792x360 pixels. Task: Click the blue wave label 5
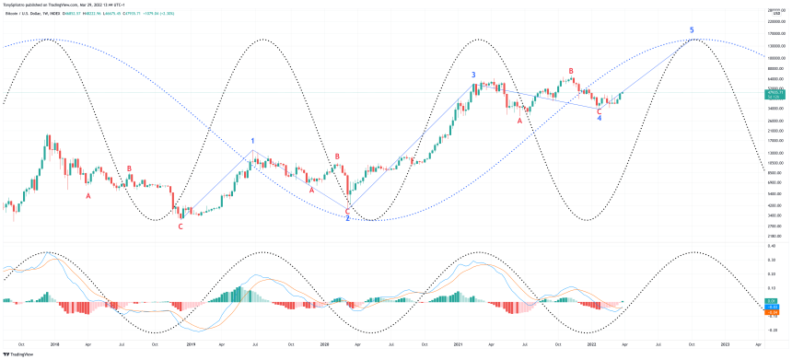point(692,30)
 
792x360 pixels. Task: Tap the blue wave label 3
point(473,75)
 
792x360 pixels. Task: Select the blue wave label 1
point(252,141)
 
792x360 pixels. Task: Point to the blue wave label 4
point(600,119)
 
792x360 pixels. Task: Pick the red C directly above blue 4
point(600,110)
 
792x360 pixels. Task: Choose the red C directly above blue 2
point(347,211)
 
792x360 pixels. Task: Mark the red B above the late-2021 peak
point(571,71)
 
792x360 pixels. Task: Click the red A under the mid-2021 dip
point(519,120)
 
